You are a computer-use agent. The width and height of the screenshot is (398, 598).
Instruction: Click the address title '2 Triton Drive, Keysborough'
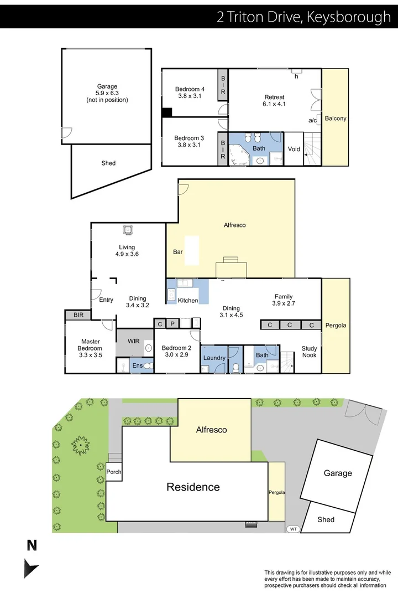[303, 17]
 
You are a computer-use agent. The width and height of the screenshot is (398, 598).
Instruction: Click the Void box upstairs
[294, 148]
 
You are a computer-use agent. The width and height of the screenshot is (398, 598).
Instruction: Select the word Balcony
[336, 118]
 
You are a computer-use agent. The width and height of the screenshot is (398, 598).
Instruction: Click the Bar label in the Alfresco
[178, 251]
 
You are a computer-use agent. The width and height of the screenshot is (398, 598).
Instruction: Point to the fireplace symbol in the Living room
[128, 229]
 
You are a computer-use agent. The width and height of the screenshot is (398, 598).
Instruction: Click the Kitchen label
[188, 300]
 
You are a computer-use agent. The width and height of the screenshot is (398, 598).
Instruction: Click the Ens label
[137, 365]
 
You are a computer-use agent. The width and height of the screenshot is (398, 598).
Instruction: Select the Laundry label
[214, 358]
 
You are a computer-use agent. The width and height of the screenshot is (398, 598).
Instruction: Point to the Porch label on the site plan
[114, 472]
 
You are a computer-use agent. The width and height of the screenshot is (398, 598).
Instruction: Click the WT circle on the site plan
[293, 529]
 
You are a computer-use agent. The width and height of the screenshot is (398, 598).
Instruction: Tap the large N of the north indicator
[32, 546]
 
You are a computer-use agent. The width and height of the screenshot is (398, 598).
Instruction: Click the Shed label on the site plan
[326, 519]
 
